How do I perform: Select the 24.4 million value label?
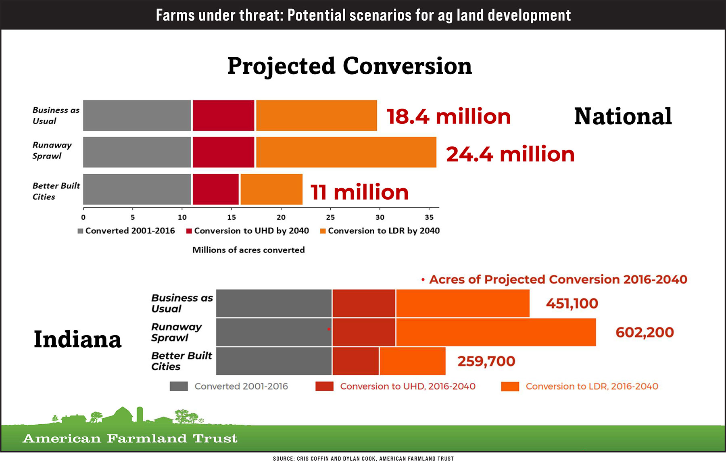[510, 154]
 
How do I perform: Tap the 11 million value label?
[359, 192]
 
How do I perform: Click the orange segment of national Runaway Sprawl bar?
[346, 152]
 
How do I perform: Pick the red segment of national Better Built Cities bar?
[215, 189]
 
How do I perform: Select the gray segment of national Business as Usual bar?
[137, 115]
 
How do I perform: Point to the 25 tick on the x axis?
[330, 217]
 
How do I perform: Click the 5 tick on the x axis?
[133, 217]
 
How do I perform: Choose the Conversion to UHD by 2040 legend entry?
[247, 231]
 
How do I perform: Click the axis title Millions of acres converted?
[248, 250]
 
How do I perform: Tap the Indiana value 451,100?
[572, 303]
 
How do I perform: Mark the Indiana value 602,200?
[645, 332]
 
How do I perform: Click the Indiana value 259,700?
[486, 361]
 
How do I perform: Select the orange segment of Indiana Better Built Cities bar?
[412, 361]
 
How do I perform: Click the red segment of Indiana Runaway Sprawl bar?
[364, 332]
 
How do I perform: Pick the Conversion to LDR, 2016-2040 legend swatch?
[510, 386]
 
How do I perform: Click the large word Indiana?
[77, 340]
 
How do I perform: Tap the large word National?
[623, 117]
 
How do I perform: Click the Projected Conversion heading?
[349, 66]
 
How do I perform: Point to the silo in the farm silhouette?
[140, 414]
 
